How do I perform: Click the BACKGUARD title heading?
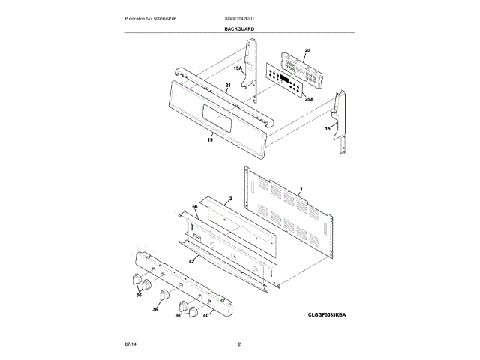[239, 28]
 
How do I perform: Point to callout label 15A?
[238, 68]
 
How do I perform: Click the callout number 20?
[307, 51]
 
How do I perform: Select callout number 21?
[228, 86]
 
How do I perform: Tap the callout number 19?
[210, 140]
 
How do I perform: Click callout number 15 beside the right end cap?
[328, 130]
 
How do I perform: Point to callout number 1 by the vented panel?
[301, 189]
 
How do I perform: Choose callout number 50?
[194, 206]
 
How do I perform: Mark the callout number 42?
[191, 260]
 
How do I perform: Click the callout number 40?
[206, 315]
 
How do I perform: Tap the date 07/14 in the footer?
[130, 343]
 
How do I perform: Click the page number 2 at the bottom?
[239, 343]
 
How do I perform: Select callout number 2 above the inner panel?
[231, 199]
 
